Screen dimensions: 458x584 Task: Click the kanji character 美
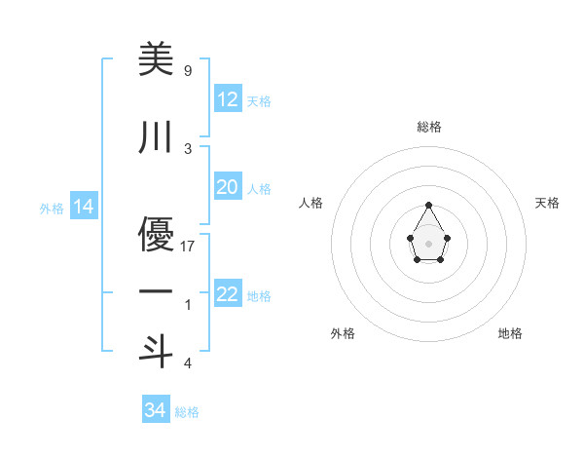pyautogui.click(x=156, y=60)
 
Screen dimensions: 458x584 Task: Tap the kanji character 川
pyautogui.click(x=156, y=138)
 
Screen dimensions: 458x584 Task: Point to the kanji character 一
pyautogui.click(x=156, y=292)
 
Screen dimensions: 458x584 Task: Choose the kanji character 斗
pyautogui.click(x=156, y=352)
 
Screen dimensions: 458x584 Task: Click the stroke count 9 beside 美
pyautogui.click(x=187, y=70)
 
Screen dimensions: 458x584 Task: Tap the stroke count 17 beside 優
pyautogui.click(x=188, y=247)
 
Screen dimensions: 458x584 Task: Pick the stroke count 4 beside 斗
pyautogui.click(x=187, y=363)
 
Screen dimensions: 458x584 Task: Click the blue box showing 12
pyautogui.click(x=227, y=99)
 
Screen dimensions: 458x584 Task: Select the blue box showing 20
pyautogui.click(x=227, y=187)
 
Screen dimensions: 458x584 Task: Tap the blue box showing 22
pyautogui.click(x=227, y=294)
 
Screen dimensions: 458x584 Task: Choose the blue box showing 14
pyautogui.click(x=83, y=207)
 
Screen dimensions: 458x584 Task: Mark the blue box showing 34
pyautogui.click(x=155, y=410)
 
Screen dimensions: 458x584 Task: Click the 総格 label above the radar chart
pyautogui.click(x=429, y=127)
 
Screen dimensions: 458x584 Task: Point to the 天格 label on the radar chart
pyautogui.click(x=547, y=203)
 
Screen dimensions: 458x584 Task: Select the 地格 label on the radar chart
pyautogui.click(x=510, y=334)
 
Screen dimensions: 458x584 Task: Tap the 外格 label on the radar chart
pyautogui.click(x=343, y=334)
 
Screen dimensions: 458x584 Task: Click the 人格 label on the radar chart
pyautogui.click(x=311, y=203)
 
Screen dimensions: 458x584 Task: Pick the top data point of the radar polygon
pyautogui.click(x=429, y=205)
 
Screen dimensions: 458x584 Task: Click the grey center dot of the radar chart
pyautogui.click(x=429, y=243)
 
